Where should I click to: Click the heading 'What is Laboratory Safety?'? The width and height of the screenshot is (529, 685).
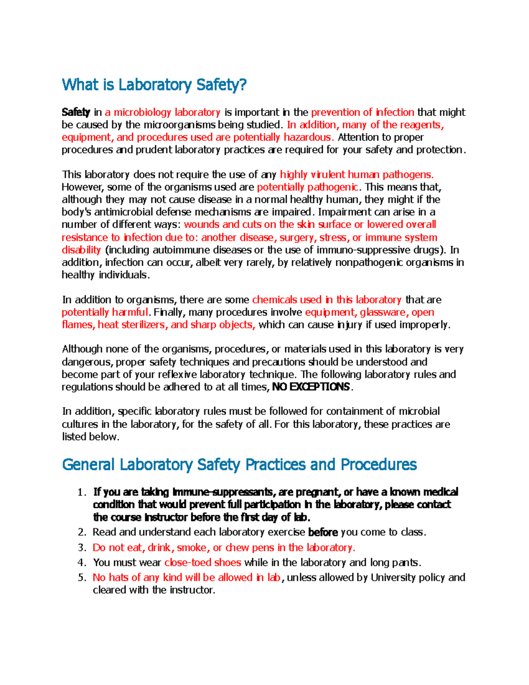(x=154, y=84)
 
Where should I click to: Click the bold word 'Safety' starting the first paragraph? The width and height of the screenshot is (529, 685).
(x=76, y=112)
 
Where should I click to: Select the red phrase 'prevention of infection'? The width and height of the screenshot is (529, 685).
(x=362, y=112)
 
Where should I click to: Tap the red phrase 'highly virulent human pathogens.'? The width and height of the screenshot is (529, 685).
(x=357, y=175)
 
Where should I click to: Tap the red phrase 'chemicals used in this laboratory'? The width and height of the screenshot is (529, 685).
(x=327, y=300)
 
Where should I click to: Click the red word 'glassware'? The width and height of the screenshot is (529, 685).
(x=384, y=312)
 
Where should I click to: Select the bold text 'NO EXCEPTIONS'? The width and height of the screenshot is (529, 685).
(x=311, y=387)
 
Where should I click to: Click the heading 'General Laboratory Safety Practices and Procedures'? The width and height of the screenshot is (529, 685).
(x=239, y=464)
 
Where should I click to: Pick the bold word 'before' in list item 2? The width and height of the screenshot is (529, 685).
(x=323, y=532)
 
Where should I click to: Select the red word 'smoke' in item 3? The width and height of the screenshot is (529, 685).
(x=192, y=548)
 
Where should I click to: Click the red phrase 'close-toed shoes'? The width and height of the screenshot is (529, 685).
(x=203, y=563)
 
